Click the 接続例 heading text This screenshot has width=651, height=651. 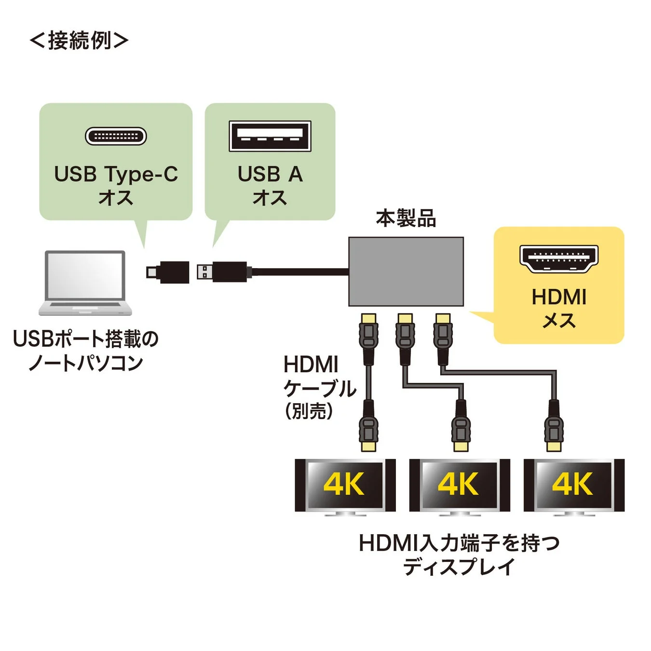(79, 40)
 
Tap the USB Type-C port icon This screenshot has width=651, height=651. (116, 136)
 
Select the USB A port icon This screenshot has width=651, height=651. (270, 136)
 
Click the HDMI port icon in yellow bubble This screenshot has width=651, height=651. (558, 258)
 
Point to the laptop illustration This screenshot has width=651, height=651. (85, 283)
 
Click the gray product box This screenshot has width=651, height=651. (406, 271)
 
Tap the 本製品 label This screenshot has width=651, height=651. (406, 218)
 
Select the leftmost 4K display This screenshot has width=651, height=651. (345, 485)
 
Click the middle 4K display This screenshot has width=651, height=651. (459, 485)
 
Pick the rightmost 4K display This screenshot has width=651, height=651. (573, 485)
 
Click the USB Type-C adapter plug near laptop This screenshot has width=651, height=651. (168, 272)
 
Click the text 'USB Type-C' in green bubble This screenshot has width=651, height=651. (116, 174)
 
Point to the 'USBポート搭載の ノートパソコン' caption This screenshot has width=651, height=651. (85, 351)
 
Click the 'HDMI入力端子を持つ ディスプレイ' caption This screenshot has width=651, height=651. (459, 555)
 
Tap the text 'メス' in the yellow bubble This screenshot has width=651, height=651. (558, 321)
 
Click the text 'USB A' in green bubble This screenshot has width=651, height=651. (270, 174)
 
